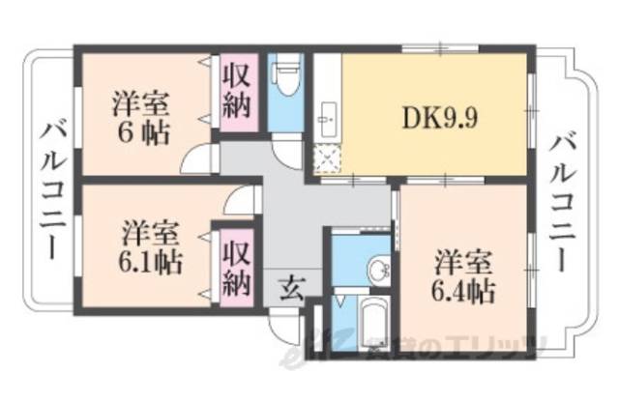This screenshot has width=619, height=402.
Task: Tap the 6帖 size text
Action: [140, 132]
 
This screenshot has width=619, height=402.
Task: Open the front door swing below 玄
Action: [284, 324]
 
